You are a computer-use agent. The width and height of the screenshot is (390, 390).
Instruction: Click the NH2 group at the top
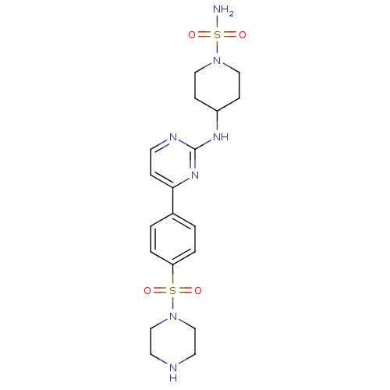click(223, 10)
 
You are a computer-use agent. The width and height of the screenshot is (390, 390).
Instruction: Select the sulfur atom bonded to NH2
click(217, 34)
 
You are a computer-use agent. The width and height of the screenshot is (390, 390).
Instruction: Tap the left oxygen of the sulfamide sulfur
click(192, 34)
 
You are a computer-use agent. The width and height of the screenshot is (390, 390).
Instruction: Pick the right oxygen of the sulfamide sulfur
click(243, 34)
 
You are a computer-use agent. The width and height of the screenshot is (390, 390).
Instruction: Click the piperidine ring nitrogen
click(217, 60)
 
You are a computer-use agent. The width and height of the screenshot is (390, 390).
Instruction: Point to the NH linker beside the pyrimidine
click(221, 136)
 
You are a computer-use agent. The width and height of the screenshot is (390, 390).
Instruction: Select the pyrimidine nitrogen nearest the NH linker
click(173, 136)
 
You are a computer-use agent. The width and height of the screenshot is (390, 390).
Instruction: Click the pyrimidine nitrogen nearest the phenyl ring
click(195, 175)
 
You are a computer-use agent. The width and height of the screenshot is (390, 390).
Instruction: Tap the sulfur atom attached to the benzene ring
click(173, 290)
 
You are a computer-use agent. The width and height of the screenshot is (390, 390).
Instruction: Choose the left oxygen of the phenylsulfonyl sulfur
click(147, 290)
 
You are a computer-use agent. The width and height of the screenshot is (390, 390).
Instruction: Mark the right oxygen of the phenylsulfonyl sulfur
click(198, 290)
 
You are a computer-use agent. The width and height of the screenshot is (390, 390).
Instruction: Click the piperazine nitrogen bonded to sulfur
click(173, 316)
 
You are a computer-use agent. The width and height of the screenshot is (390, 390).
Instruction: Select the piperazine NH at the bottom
click(173, 372)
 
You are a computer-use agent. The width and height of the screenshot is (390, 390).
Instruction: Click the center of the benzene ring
click(173, 239)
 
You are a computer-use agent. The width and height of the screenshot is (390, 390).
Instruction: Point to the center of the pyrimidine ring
click(173, 162)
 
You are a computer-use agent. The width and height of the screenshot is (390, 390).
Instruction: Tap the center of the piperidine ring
click(217, 86)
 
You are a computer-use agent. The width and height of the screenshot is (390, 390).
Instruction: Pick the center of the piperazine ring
click(173, 342)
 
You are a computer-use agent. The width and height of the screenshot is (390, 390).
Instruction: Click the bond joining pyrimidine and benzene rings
click(173, 200)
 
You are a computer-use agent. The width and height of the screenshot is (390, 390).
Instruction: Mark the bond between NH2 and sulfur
click(217, 23)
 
